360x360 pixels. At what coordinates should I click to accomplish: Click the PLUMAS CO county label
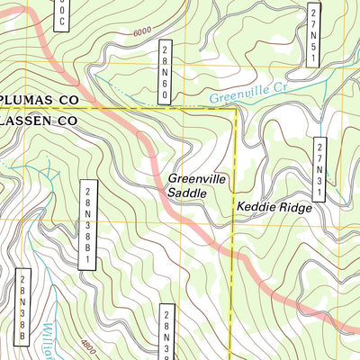[x=40, y=101]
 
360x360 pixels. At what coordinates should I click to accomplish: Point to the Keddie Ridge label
[x=274, y=208]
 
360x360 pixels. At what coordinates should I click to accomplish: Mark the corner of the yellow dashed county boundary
[x=235, y=109]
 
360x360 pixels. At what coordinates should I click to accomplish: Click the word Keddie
[x=255, y=208]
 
